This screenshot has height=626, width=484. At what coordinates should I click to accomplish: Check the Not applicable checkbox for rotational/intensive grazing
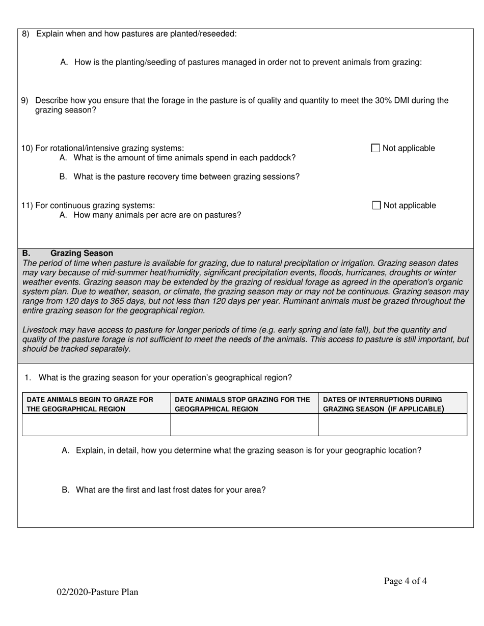click(375, 148)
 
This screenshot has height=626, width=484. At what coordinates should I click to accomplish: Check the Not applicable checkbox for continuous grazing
click(377, 206)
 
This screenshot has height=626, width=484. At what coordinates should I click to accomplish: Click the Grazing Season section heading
click(82, 253)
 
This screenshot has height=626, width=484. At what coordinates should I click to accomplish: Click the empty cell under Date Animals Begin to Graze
click(96, 425)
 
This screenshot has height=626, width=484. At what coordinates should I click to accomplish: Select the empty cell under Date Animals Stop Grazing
click(245, 425)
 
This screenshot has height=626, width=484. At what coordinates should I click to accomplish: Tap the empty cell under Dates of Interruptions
click(393, 425)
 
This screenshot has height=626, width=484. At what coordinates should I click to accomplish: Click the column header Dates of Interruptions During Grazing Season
click(383, 404)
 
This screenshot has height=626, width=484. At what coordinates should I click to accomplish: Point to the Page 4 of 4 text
click(405, 581)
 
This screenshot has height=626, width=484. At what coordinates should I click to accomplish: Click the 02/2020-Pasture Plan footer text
click(97, 592)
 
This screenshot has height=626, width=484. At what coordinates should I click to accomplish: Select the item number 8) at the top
click(26, 34)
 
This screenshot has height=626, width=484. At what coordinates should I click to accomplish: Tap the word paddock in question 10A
click(279, 158)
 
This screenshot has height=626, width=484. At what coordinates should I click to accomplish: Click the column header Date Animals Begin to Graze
click(90, 404)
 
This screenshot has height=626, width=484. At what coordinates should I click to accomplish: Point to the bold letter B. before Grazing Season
click(26, 253)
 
